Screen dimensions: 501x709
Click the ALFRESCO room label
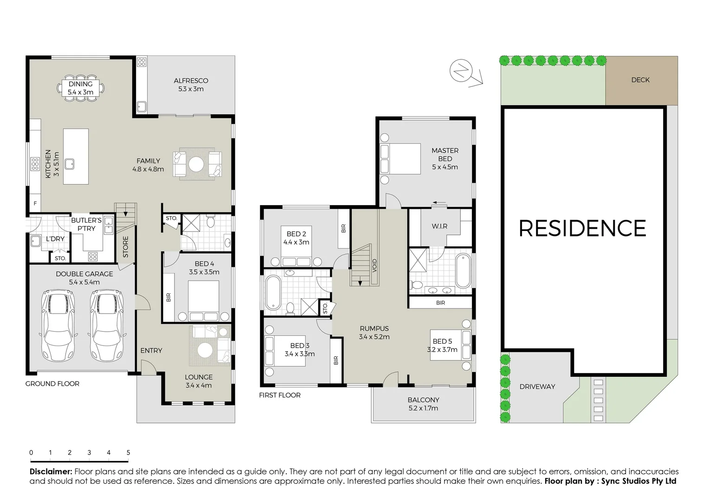(191, 81)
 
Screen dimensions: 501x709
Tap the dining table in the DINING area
(81, 88)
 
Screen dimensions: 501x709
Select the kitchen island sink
(70, 163)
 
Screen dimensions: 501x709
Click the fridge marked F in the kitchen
(35, 203)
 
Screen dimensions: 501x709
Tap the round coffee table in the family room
(196, 165)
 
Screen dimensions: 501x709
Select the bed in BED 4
(203, 301)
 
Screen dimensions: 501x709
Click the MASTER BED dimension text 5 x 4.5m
(445, 167)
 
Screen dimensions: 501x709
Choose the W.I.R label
(439, 226)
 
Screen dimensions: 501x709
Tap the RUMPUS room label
(374, 328)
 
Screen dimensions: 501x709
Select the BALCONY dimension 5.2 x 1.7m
(423, 408)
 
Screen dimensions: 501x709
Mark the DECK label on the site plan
(640, 80)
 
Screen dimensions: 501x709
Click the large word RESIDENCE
(582, 228)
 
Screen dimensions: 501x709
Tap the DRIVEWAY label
(537, 386)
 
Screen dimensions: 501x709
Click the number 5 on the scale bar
(128, 452)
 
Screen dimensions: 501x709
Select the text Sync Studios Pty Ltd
(638, 481)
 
